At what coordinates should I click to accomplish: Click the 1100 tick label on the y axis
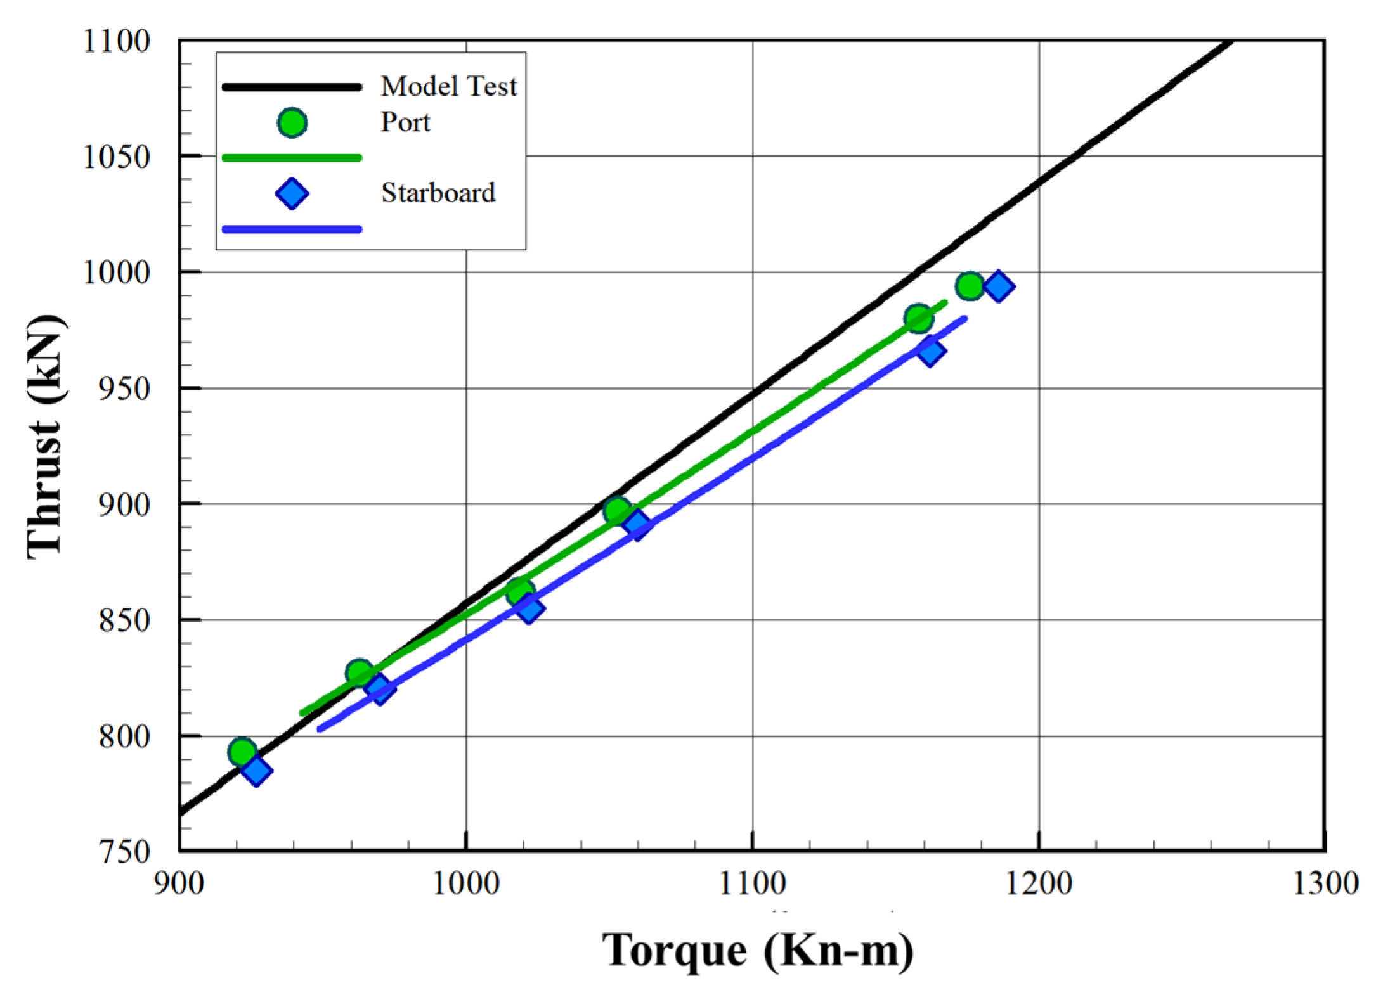click(117, 41)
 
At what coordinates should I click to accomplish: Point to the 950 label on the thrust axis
click(124, 389)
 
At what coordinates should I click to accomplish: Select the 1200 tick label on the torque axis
click(1038, 883)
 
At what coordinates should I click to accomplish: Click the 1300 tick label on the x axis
click(1325, 883)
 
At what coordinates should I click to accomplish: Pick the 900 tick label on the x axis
click(179, 883)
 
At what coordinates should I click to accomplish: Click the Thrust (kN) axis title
click(46, 437)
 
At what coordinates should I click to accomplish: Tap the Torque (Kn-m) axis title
click(757, 951)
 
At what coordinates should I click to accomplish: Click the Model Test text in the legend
click(448, 86)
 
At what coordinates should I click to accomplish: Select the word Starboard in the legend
click(438, 193)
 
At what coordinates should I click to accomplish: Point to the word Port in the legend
click(405, 122)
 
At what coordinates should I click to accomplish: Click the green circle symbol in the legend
click(292, 123)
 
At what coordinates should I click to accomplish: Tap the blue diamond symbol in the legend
click(292, 193)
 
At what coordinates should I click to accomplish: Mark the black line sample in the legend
click(292, 87)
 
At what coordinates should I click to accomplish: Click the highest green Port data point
click(970, 286)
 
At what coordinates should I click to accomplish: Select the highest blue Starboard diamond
click(999, 286)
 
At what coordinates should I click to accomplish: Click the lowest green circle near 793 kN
click(242, 752)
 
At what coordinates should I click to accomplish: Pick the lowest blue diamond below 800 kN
click(256, 771)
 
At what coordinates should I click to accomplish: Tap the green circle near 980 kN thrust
click(919, 318)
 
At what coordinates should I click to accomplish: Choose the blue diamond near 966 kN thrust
click(930, 351)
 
